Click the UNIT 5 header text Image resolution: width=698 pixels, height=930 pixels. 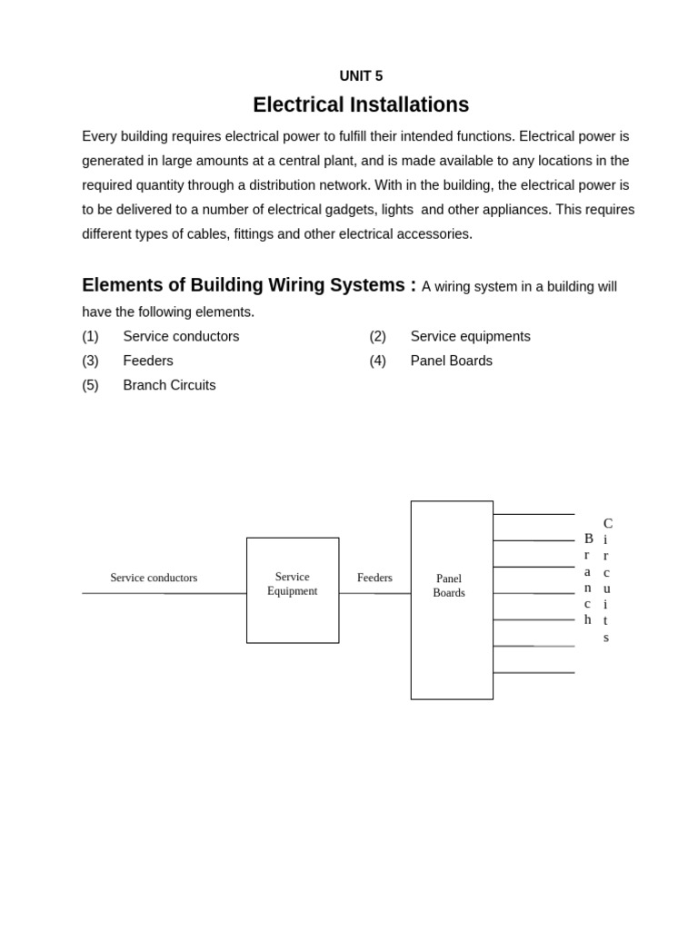coord(361,76)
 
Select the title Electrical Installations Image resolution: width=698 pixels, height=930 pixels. coord(361,105)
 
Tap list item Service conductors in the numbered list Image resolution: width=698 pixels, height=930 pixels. coord(181,336)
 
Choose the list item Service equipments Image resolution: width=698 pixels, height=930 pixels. coord(470,336)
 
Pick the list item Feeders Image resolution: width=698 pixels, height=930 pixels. coord(148,361)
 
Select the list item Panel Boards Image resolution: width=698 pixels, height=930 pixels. coord(451,361)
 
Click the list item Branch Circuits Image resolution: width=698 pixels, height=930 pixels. coord(169,385)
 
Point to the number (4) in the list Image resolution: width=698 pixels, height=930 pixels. coord(377,361)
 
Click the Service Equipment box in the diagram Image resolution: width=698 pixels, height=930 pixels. coord(293,590)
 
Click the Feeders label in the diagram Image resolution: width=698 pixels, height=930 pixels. coord(374,578)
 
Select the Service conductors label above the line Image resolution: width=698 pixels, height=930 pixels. coord(154,578)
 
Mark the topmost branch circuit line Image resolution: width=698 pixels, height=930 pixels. coord(533,514)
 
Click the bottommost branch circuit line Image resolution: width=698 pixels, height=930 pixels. coord(533,673)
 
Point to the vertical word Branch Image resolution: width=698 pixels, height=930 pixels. coord(588,579)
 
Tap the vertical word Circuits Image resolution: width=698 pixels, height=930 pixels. coord(607,579)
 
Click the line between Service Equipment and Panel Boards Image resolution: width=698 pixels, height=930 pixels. coord(374,593)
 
